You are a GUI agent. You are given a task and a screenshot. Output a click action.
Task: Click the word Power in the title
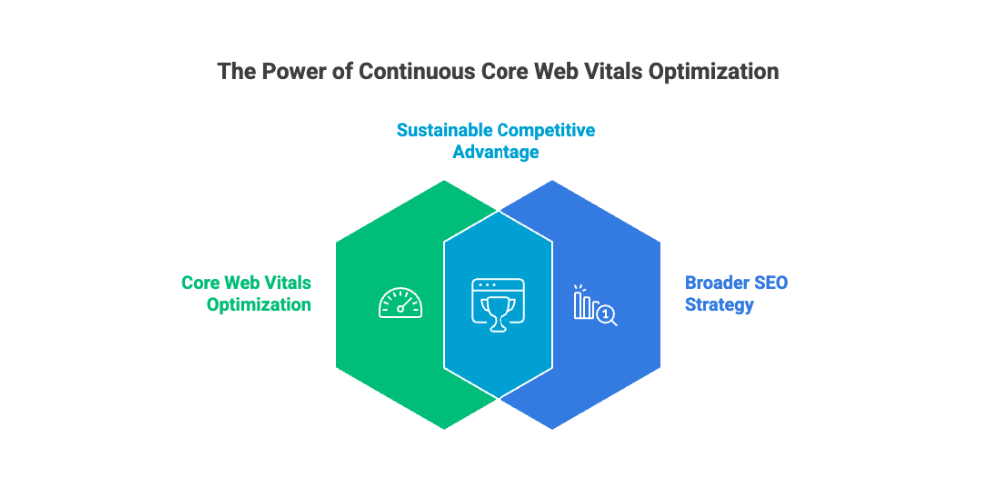coord(288,72)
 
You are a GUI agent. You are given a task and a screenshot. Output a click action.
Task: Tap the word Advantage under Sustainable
coord(496,152)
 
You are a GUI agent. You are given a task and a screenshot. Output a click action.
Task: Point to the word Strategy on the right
coord(719,305)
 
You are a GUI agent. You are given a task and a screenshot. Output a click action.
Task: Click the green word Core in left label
coord(201,283)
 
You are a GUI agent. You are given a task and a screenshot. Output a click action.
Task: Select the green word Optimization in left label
coord(258,305)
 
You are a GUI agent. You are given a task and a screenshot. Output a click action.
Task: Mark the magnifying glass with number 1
coord(605,315)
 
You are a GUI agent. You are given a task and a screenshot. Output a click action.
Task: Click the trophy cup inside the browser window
coord(496,308)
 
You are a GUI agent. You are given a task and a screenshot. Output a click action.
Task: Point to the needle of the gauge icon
coord(403,305)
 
